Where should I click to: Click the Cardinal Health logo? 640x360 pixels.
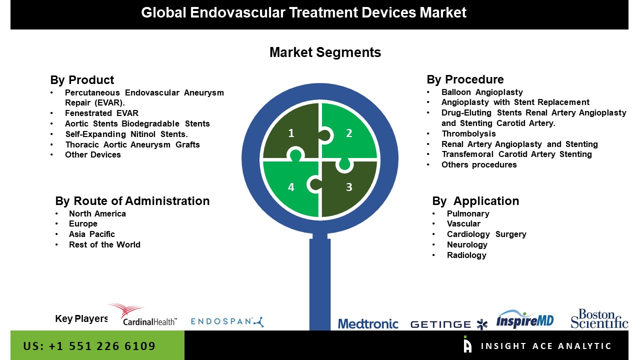pyautogui.click(x=143, y=315)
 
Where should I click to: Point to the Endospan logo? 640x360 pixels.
pyautogui.click(x=227, y=321)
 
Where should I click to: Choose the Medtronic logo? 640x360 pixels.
pyautogui.click(x=368, y=324)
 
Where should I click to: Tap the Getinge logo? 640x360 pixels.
pyautogui.click(x=449, y=324)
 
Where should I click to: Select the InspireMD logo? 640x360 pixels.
pyautogui.click(x=525, y=319)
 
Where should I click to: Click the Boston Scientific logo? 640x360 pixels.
pyautogui.click(x=599, y=318)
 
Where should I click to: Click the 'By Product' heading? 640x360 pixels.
pyautogui.click(x=82, y=80)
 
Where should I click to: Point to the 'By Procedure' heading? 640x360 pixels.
pyautogui.click(x=465, y=79)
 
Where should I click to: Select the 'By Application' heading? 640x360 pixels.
pyautogui.click(x=475, y=201)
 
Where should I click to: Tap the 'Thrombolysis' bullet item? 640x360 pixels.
pyautogui.click(x=468, y=133)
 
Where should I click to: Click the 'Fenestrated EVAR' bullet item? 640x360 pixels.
pyautogui.click(x=101, y=113)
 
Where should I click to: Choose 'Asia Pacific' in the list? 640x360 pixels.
pyautogui.click(x=91, y=234)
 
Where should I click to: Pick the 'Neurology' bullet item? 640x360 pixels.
pyautogui.click(x=467, y=244)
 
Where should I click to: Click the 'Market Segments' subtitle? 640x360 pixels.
pyautogui.click(x=325, y=52)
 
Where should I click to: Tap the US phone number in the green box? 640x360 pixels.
pyautogui.click(x=89, y=346)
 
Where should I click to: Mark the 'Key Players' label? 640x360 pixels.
pyautogui.click(x=81, y=318)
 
